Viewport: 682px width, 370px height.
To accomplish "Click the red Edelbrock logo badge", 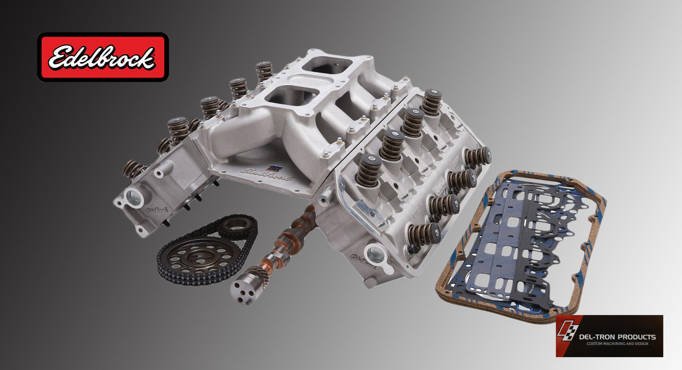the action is point(103,57).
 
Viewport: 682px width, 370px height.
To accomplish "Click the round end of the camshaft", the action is point(243,292).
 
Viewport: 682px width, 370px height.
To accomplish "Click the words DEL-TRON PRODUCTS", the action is point(618,337).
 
